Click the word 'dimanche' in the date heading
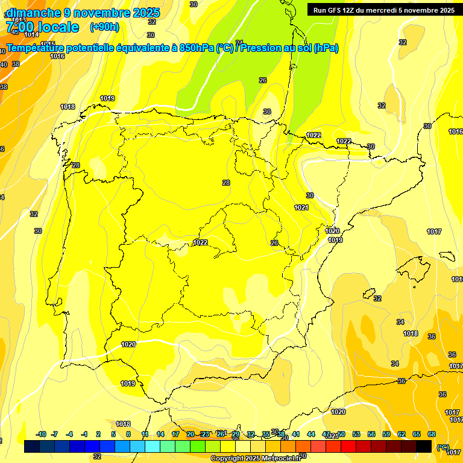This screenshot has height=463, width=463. pyautogui.click(x=33, y=13)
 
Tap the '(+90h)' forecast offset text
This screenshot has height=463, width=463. pyautogui.click(x=104, y=27)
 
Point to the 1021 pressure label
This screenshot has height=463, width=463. pyautogui.click(x=301, y=207)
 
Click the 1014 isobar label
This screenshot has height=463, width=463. pyautogui.click(x=31, y=34)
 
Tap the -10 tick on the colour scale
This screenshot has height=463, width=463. pyautogui.click(x=41, y=434)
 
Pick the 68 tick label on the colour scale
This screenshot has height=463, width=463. pyautogui.click(x=432, y=434)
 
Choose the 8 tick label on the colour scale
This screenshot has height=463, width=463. pyautogui.click(x=128, y=434)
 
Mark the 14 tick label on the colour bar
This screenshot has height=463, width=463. pyautogui.click(x=160, y=434)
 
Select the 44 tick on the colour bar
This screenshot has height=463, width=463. pyautogui.click(x=311, y=434)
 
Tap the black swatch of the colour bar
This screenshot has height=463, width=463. pyautogui.click(x=424, y=446)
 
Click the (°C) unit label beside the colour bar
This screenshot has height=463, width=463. pyautogui.click(x=443, y=447)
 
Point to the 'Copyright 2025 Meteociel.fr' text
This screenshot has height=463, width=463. pyautogui.click(x=256, y=459)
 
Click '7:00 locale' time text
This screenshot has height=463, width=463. pyautogui.click(x=42, y=27)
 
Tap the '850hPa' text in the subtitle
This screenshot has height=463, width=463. pyautogui.click(x=197, y=48)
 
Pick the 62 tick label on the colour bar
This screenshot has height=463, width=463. pyautogui.click(x=402, y=434)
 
